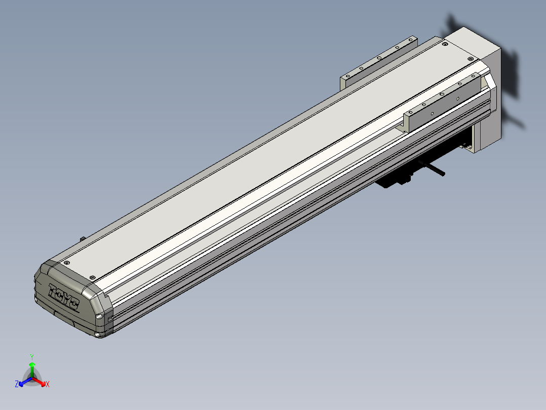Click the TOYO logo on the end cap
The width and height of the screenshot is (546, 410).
point(63,297)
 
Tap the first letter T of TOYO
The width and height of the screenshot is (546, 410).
point(53,290)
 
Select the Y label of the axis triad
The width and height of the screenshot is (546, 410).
point(32,357)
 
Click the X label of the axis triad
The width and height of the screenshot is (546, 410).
point(48,384)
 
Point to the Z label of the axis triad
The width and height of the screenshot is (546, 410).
point(16,384)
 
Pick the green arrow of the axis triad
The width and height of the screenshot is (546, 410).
point(32,369)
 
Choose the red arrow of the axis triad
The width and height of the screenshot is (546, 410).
point(39,382)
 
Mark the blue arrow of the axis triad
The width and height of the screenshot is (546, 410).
point(25,382)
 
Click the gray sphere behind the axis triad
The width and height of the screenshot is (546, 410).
point(32,378)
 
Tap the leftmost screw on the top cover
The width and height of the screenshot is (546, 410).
point(65,263)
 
